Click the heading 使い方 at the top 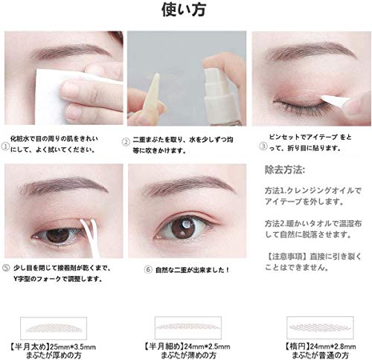(x=185, y=11)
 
